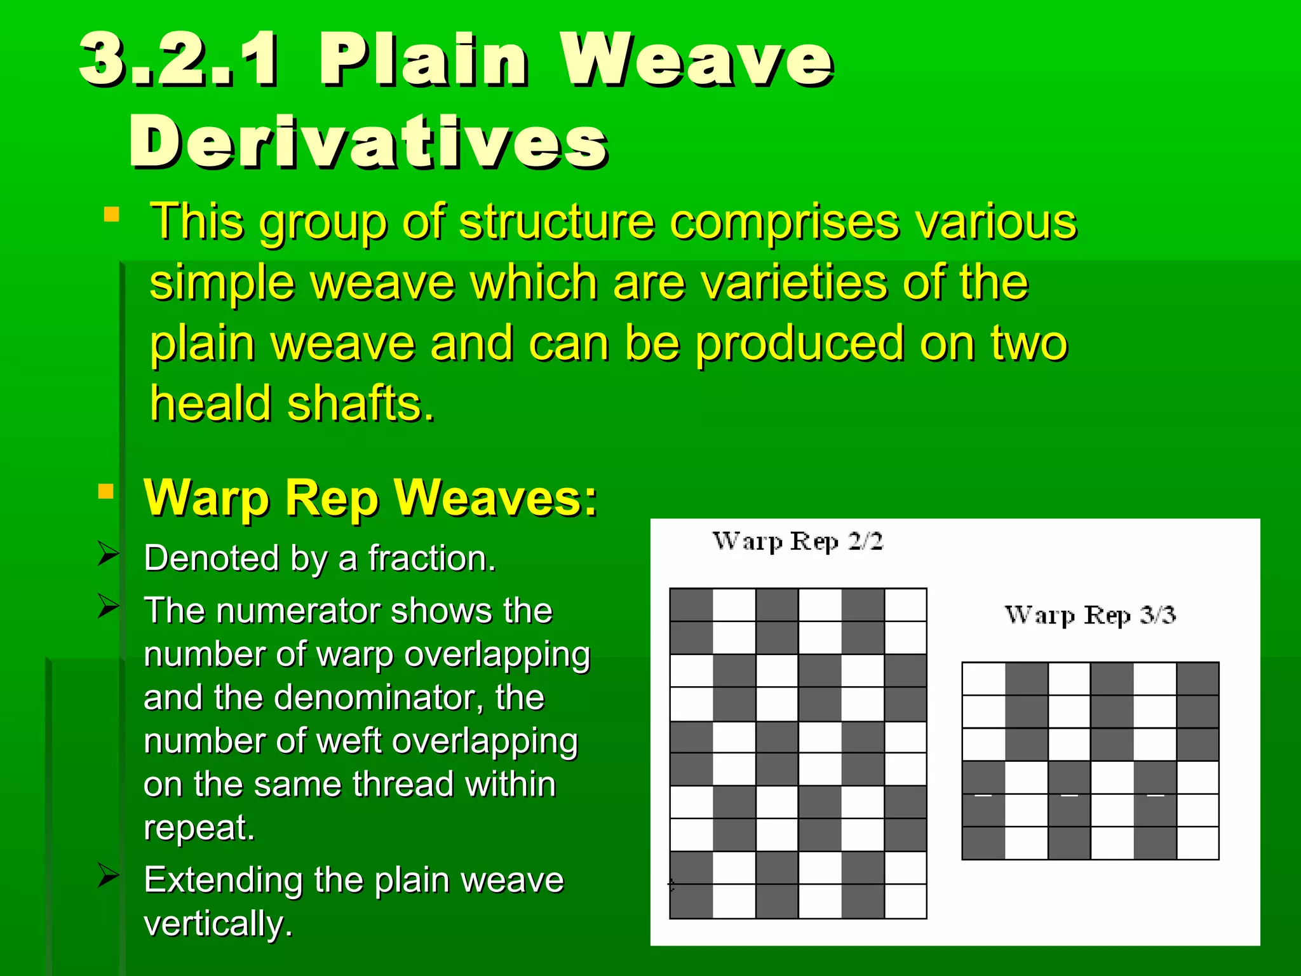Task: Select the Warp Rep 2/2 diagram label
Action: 797,541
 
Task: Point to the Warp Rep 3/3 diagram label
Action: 1089,615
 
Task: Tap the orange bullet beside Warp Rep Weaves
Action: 106,491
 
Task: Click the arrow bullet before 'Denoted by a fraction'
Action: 109,553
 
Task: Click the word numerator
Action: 299,611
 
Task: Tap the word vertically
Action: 217,923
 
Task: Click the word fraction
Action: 431,559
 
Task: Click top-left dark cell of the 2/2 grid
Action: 691,605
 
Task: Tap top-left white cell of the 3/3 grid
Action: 983,679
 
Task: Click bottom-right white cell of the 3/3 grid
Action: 1197,843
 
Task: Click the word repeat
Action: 199,827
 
